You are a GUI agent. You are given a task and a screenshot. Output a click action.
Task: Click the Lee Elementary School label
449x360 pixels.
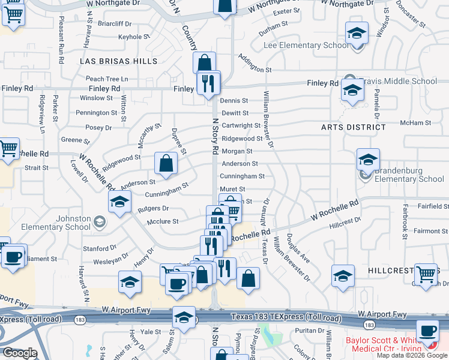click(306, 46)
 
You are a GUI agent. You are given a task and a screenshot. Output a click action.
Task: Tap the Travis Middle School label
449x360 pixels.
click(399, 81)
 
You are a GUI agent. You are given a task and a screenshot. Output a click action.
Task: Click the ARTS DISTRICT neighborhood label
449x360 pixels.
click(354, 127)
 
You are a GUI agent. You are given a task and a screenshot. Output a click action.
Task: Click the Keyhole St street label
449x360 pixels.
click(134, 37)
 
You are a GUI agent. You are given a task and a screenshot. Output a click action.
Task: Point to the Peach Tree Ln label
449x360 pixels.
click(107, 79)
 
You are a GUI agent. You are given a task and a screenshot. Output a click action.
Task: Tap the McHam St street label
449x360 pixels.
click(412, 122)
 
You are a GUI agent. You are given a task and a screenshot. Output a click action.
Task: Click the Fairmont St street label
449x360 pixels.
click(427, 231)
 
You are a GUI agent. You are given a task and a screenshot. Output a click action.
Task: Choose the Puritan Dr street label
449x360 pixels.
click(310, 330)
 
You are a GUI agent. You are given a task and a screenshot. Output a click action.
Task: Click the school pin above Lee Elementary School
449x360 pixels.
click(357, 33)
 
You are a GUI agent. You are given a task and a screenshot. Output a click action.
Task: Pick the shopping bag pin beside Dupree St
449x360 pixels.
click(166, 163)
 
